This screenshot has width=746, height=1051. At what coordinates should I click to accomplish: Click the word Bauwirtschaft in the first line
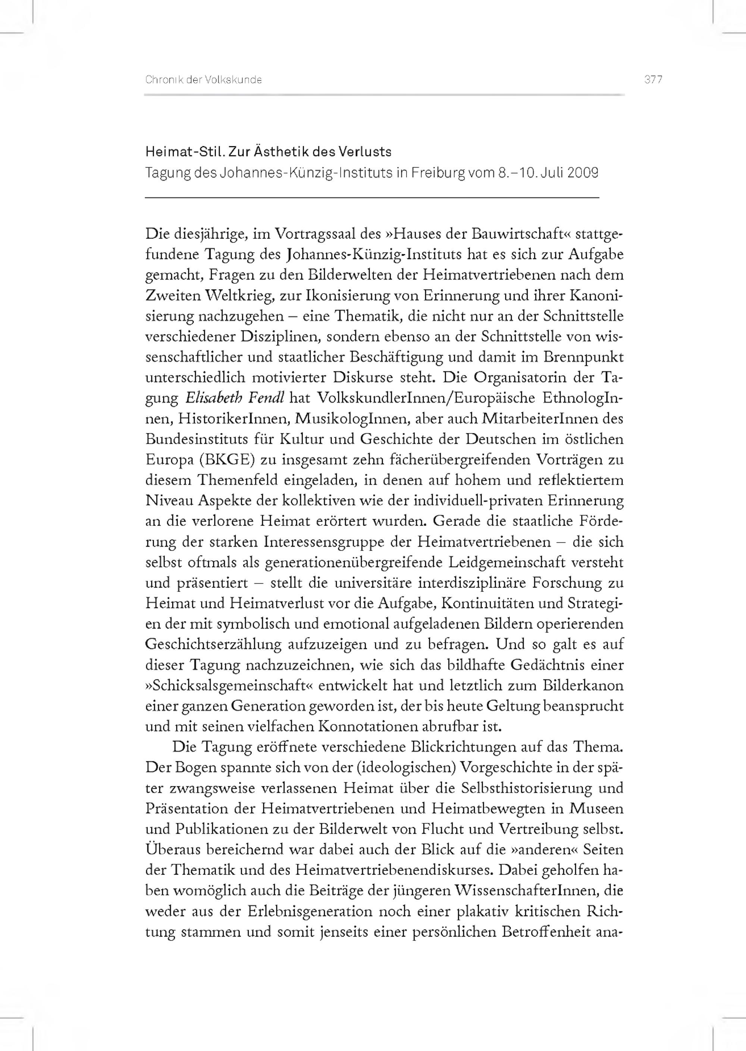518,234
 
